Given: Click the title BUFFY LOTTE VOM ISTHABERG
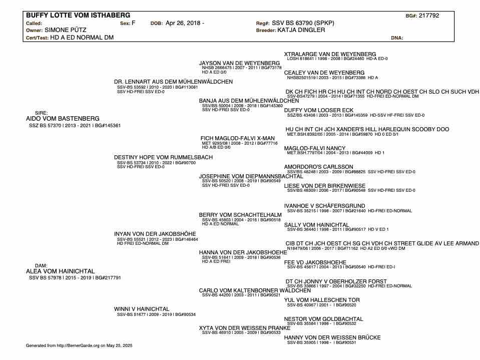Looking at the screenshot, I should coord(78,16).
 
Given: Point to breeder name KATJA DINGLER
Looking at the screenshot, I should coord(301,30).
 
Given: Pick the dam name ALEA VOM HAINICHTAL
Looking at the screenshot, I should coord(60,271).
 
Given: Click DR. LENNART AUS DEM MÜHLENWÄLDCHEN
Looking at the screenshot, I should coord(173,82).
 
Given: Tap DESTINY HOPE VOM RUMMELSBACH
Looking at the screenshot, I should coord(163,157).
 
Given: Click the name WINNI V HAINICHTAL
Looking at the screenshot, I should coord(142,309).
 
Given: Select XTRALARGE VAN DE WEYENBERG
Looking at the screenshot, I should coord(330,54).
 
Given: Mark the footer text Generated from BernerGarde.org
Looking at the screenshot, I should coord(79,345).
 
